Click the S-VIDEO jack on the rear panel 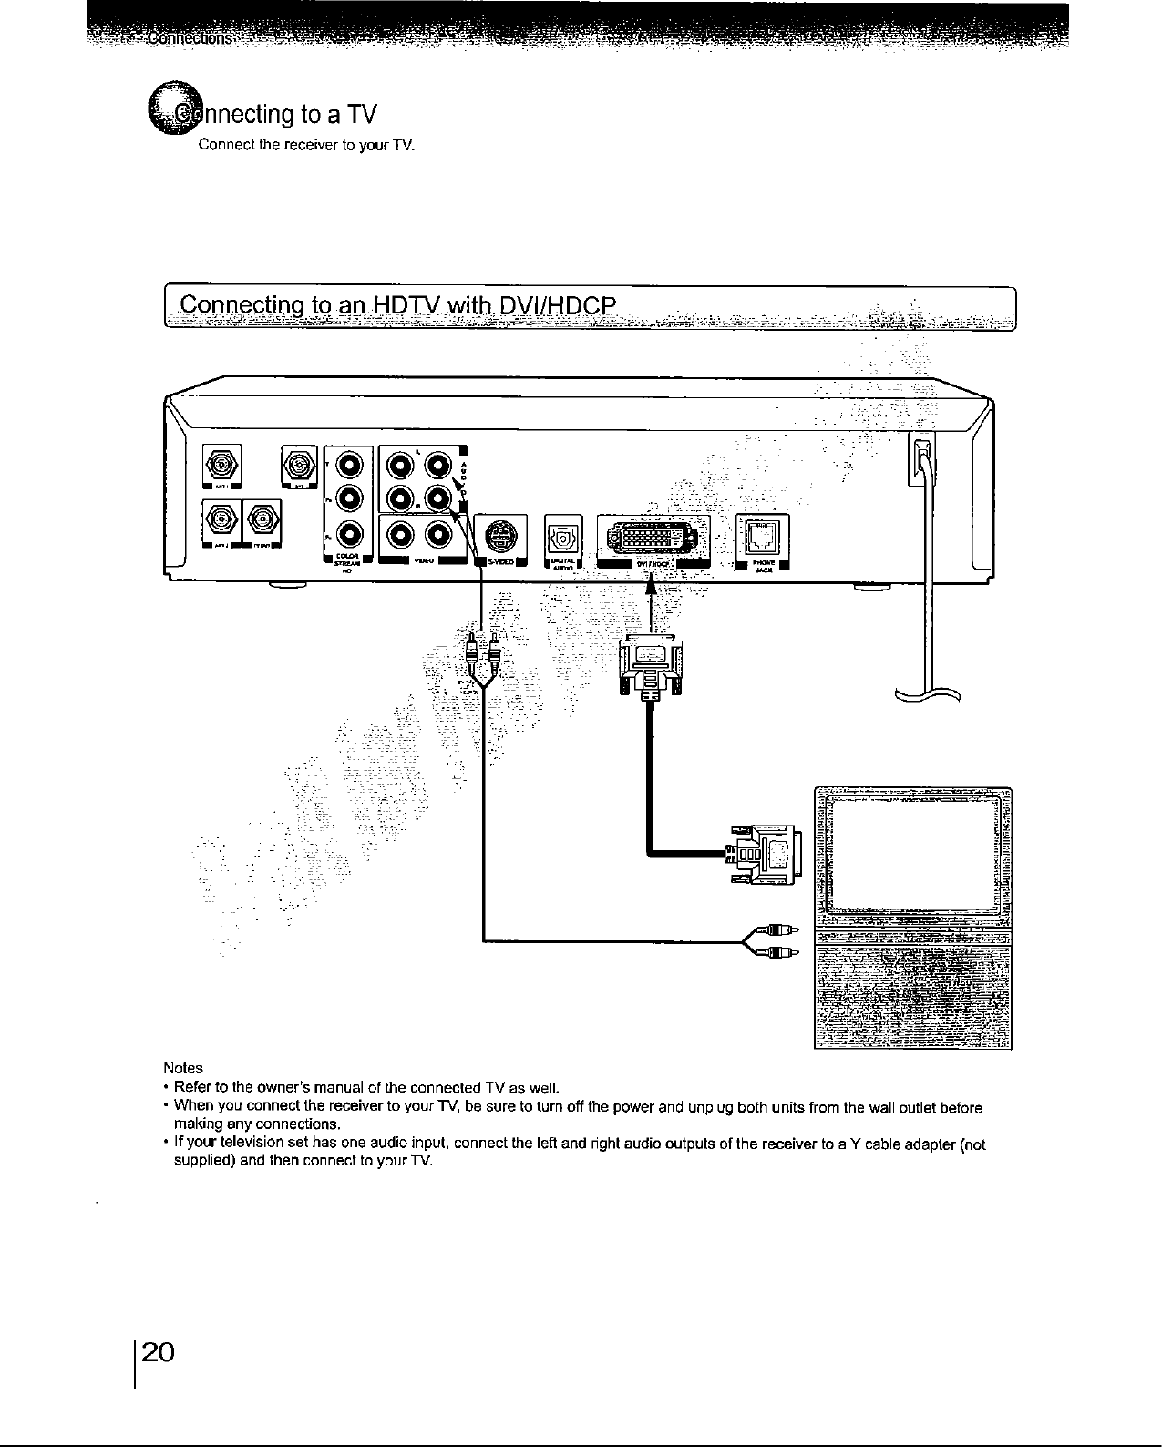click(496, 534)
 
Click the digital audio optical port click(558, 535)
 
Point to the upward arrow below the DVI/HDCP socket click(651, 602)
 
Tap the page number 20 click(164, 1350)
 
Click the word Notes click(182, 1067)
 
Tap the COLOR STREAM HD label click(348, 563)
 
